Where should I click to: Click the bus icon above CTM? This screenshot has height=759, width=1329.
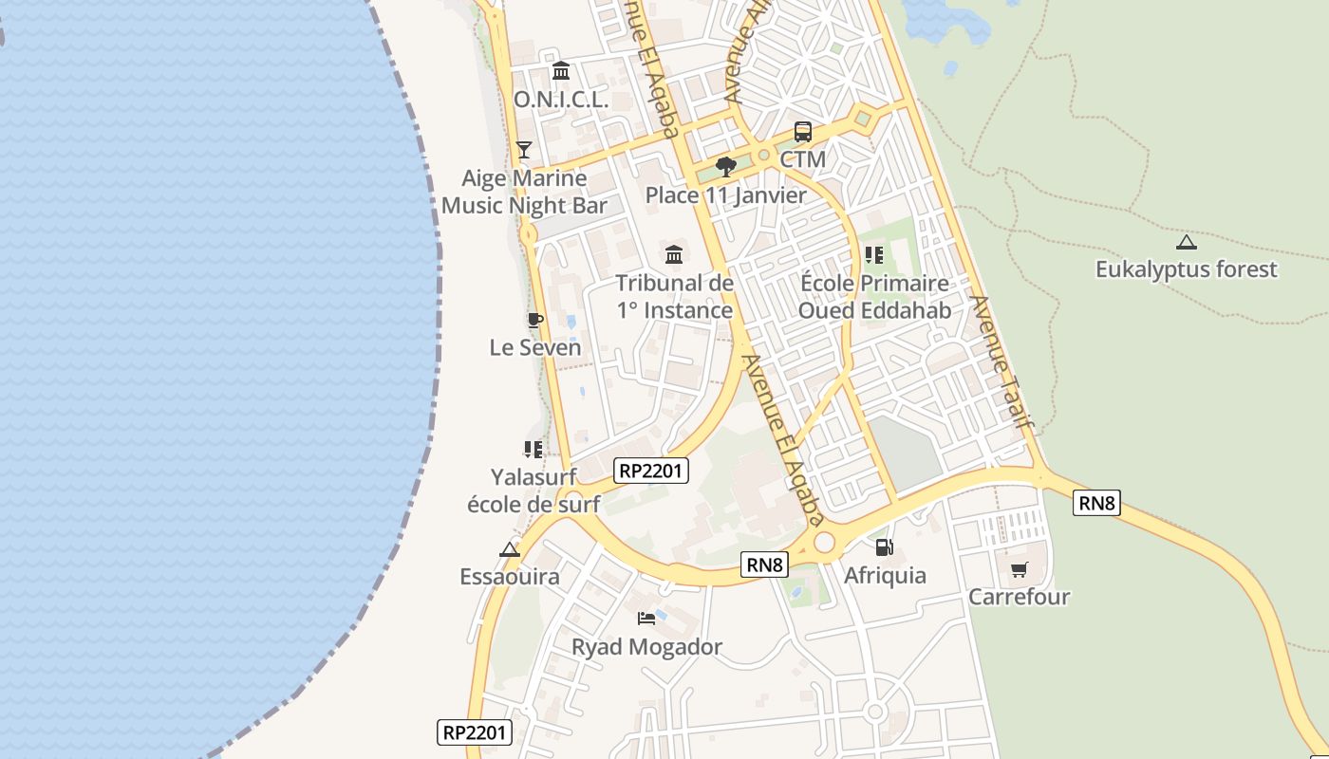pos(802,132)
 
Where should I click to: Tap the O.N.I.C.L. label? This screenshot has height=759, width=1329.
pos(561,99)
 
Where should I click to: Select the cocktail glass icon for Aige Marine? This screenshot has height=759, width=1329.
pos(523,150)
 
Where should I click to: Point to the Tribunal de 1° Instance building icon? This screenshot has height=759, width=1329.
pos(674,254)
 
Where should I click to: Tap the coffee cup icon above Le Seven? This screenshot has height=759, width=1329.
pos(534,320)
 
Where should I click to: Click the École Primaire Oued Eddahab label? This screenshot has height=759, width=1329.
pos(873,297)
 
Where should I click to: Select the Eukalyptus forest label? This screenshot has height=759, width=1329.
pos(1187,269)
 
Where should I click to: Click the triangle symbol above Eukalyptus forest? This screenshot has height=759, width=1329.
pos(1186,242)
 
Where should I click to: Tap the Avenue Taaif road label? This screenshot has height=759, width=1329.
pos(1000,361)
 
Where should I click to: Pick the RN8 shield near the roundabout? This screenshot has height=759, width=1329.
pos(765,565)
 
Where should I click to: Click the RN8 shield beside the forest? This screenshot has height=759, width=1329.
pos(1096,503)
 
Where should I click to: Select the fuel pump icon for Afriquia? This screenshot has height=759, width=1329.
pos(884,546)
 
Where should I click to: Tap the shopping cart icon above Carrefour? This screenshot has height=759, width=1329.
pos(1019,569)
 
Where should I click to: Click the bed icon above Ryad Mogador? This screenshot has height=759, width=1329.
pos(646,619)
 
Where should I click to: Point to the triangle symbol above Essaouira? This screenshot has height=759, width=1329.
pos(510,549)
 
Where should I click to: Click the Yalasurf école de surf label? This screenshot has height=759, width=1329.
pos(533,491)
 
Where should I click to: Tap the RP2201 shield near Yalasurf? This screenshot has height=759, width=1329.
pos(651,471)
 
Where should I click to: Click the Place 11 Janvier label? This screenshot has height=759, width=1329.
pos(726,195)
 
